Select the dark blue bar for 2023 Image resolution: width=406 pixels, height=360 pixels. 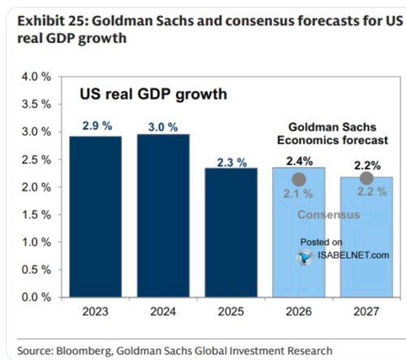pos(95,217)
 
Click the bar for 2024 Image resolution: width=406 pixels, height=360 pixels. pos(163,215)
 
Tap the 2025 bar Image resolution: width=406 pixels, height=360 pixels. pos(231,232)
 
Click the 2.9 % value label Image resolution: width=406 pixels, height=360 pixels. pos(97,126)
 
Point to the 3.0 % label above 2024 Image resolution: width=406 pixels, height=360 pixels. pos(163,127)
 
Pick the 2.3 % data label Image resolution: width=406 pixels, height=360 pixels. pos(232,163)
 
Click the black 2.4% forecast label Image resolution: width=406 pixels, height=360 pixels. pos(300,162)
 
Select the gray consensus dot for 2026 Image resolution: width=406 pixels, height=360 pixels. pos(299,180)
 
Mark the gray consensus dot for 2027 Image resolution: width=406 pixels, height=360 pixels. pos(367,178)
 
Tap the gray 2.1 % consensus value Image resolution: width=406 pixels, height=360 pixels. pos(298,193)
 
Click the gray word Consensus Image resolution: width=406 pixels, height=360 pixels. pos(329,215)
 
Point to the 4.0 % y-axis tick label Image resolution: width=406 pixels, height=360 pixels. pos(37,77)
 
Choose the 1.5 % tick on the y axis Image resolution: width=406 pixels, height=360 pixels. pos(37,215)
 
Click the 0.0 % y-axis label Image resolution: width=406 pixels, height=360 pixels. pos(37,297)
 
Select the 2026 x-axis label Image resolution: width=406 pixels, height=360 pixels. pos(299,312)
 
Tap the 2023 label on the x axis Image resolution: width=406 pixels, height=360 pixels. pos(95,312)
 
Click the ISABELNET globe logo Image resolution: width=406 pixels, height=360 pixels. pos(304,257)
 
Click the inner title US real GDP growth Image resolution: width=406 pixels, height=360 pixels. pos(153,94)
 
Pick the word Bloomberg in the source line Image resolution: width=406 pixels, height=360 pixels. pos(84,351)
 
